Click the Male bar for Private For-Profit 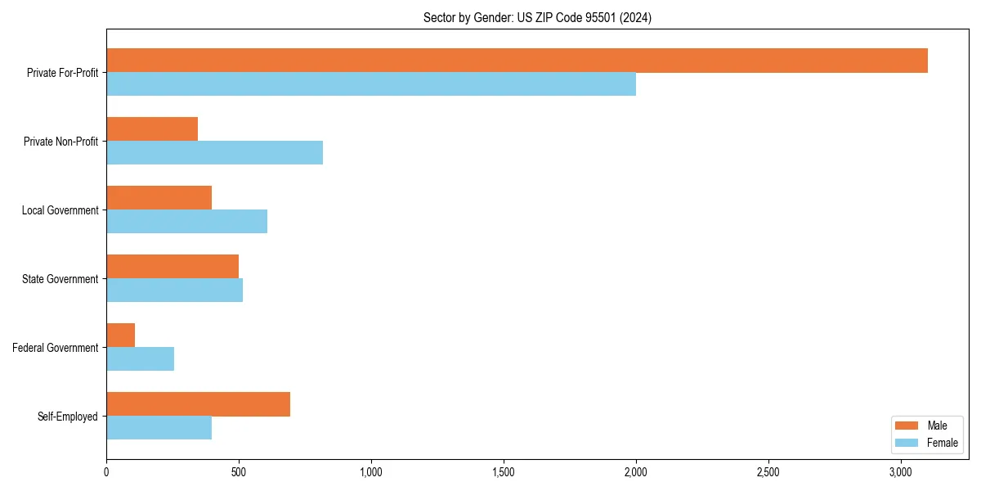517,61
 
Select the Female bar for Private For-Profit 371,84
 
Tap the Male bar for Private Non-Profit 152,129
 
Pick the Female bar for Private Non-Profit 214,153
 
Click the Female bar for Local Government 186,222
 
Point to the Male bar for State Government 172,267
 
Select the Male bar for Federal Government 120,336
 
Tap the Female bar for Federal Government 140,359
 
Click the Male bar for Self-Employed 198,404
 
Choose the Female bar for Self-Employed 159,428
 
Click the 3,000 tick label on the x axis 901,473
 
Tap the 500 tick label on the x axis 239,473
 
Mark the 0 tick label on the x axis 106,473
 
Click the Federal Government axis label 56,348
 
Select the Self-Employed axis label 68,417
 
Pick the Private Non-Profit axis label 60,142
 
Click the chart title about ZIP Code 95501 537,17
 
